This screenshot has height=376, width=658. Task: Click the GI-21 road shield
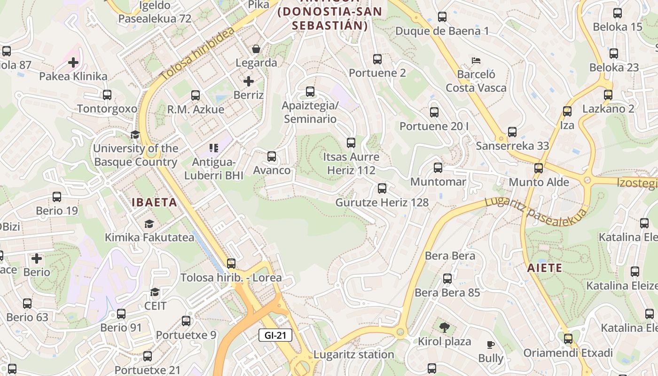coord(275,336)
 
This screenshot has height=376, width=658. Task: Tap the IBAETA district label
coord(154,203)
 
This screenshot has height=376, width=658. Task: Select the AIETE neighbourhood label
coord(545,268)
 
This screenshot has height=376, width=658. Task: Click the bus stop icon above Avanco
coord(272,157)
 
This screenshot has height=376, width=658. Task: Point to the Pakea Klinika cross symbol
coord(73,62)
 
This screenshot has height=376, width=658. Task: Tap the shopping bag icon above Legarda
coord(256,49)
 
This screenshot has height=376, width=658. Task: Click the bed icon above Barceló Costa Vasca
coord(476,61)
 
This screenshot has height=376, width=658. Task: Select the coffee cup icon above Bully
coord(491,345)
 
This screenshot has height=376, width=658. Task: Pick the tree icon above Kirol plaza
coord(444,328)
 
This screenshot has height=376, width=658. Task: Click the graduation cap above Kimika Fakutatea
coord(149,224)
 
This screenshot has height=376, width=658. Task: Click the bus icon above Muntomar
coord(438,168)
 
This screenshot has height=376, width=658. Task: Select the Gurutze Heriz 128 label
coord(382,203)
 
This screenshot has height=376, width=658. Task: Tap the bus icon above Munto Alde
coord(539,168)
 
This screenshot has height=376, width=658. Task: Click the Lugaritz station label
coord(353,354)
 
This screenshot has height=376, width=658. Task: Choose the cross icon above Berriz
coord(249,81)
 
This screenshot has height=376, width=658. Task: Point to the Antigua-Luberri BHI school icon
coord(214,148)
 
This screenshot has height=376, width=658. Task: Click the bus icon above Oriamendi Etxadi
coord(568,339)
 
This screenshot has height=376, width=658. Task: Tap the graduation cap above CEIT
coord(155,292)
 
